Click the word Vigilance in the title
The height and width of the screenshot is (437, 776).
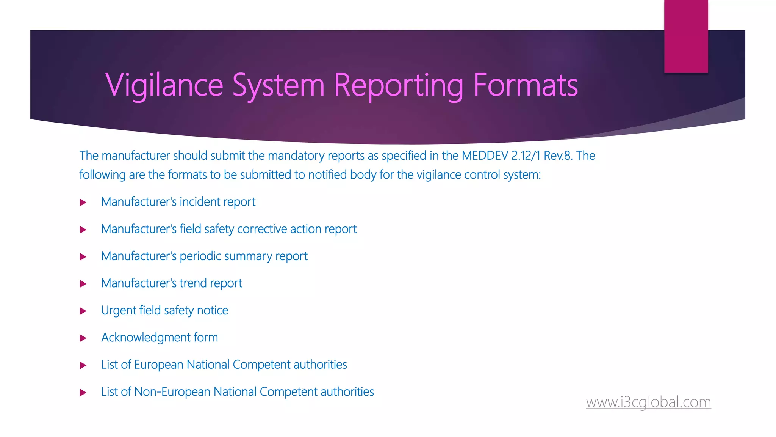click(164, 85)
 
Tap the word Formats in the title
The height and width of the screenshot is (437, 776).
click(526, 85)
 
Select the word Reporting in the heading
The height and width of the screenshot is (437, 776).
click(399, 85)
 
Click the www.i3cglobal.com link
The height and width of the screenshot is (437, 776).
click(648, 402)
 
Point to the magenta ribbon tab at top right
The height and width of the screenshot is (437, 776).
click(686, 36)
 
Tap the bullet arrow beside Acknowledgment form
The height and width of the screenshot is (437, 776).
click(83, 338)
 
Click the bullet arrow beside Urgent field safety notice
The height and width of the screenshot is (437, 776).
click(83, 311)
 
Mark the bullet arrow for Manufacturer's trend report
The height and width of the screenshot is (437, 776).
click(83, 284)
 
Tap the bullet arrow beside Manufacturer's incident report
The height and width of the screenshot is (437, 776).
click(83, 203)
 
